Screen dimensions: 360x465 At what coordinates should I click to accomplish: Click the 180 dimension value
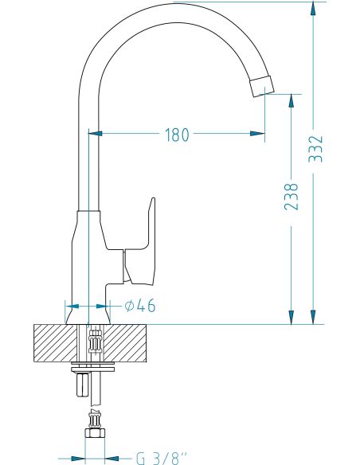click(x=177, y=135)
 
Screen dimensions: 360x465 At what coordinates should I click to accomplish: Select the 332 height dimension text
click(x=315, y=149)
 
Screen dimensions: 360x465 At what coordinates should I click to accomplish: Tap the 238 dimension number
click(x=292, y=197)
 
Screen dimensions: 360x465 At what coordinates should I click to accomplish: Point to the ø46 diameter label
click(x=140, y=306)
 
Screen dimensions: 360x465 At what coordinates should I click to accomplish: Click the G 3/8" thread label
click(x=162, y=458)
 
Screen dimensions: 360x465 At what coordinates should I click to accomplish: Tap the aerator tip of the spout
click(x=261, y=86)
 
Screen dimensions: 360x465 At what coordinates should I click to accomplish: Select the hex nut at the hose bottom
click(x=95, y=432)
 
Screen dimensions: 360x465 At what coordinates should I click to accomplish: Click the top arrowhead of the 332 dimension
click(x=313, y=8)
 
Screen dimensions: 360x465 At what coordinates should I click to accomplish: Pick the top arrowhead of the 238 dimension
click(x=292, y=101)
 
